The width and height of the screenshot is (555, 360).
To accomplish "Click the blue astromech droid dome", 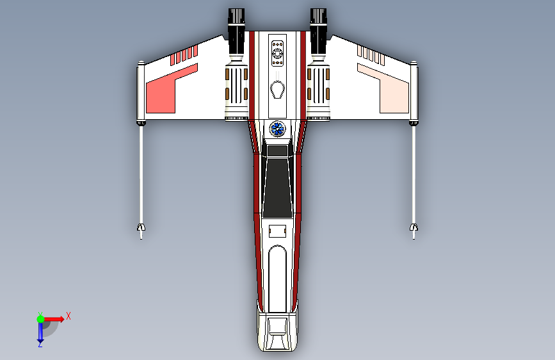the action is click(277, 129).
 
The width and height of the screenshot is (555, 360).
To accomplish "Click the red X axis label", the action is click(68, 316).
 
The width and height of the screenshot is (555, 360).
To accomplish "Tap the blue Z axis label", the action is click(40, 345).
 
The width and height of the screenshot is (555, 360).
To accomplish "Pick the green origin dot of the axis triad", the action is click(40, 318).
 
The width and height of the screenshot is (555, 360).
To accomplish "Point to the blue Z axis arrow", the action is click(40, 332).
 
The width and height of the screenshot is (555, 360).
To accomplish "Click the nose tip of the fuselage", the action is click(277, 349).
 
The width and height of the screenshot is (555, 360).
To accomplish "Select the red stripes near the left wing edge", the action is click(183, 56).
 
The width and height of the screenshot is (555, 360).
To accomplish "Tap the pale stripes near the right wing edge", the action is click(371, 56).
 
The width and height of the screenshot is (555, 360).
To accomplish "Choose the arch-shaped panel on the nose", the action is click(277, 275).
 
